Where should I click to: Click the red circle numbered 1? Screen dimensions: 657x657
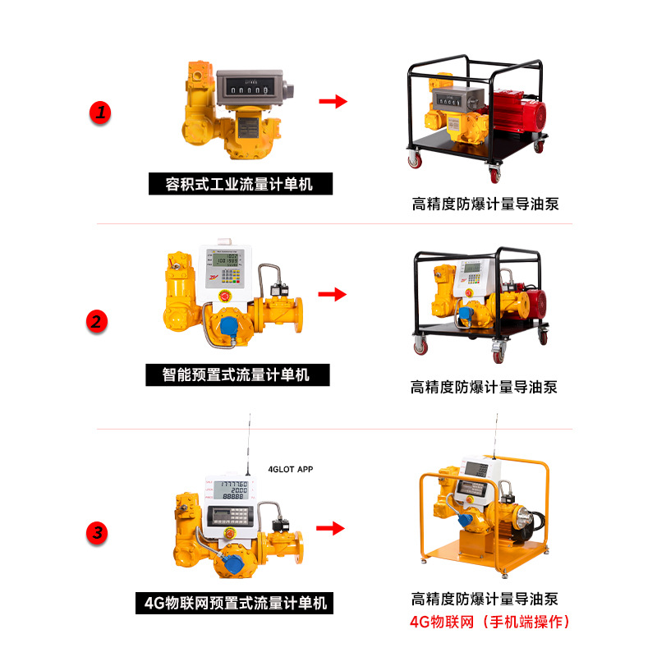(100, 113)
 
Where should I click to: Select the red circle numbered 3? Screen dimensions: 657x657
(98, 533)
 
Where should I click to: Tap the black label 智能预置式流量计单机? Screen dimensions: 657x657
(237, 375)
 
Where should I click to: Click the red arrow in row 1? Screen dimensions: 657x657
(333, 101)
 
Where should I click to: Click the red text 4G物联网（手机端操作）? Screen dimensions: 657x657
(489, 622)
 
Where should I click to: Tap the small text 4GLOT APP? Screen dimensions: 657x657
(291, 470)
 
